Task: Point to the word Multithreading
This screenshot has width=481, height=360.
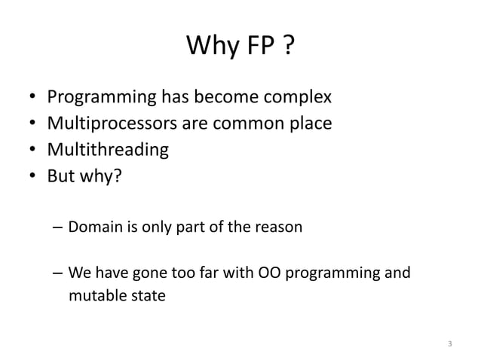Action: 108,149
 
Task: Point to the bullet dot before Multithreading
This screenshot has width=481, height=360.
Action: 31,149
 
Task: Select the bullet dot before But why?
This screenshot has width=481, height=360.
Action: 31,175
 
